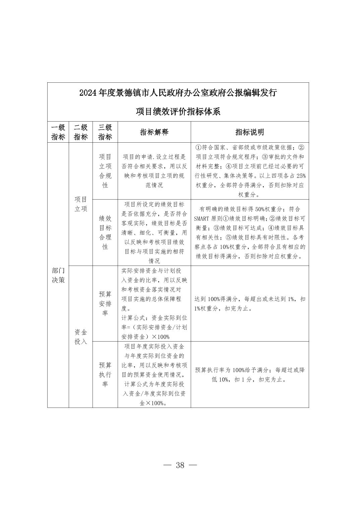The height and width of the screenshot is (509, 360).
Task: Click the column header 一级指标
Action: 58,132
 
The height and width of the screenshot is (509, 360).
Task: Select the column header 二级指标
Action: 80,132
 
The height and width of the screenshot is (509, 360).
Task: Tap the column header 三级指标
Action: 105,132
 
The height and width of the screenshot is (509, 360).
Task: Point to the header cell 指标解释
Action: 154,132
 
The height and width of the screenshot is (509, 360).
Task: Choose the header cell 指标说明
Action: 250,132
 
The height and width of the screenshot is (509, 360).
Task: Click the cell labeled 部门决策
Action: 58,275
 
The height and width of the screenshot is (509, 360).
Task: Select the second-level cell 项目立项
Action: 80,204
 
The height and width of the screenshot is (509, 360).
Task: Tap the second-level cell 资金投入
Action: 80,337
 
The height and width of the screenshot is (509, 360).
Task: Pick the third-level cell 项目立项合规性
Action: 105,171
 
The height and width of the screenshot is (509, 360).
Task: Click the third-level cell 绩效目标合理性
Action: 105,232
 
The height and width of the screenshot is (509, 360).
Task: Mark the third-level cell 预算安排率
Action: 105,303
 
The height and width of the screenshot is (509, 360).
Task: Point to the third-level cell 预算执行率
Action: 105,374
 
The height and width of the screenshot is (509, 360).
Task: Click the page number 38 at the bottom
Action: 180,465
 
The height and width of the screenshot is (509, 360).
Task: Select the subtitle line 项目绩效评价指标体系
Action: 178,112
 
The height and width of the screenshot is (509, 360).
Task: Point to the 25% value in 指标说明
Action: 301,176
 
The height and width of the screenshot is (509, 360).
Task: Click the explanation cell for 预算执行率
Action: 154,374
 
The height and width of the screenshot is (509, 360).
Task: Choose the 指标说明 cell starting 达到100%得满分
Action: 250,303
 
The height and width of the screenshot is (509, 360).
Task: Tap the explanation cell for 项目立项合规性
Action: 154,171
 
